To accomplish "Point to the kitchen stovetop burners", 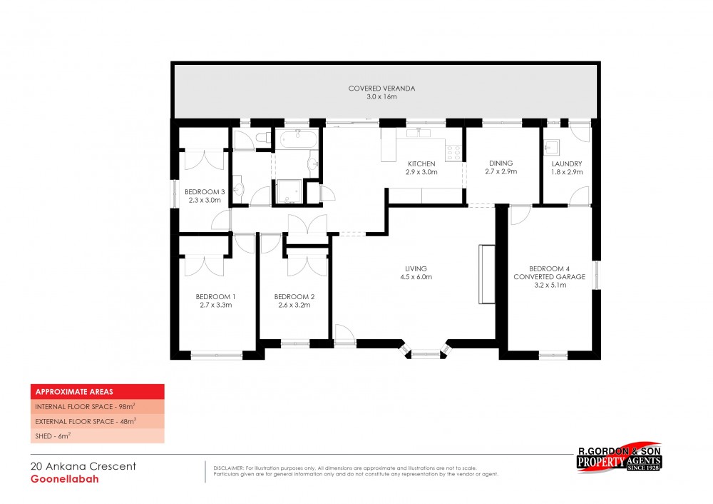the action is [x=453, y=153].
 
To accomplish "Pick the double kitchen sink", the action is [x=419, y=133].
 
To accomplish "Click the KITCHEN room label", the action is [x=421, y=164].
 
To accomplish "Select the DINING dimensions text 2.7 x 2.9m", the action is [x=501, y=171].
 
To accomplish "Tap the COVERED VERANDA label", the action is [x=381, y=89].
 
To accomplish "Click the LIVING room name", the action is [x=416, y=268].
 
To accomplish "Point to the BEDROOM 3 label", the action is [x=205, y=192].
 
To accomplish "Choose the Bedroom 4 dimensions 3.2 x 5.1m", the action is [x=550, y=286].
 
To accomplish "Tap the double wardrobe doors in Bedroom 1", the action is [x=204, y=266].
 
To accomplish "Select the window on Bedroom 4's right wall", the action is [x=596, y=275].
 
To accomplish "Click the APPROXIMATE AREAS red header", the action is [x=97, y=391].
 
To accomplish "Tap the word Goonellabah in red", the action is [x=65, y=479].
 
